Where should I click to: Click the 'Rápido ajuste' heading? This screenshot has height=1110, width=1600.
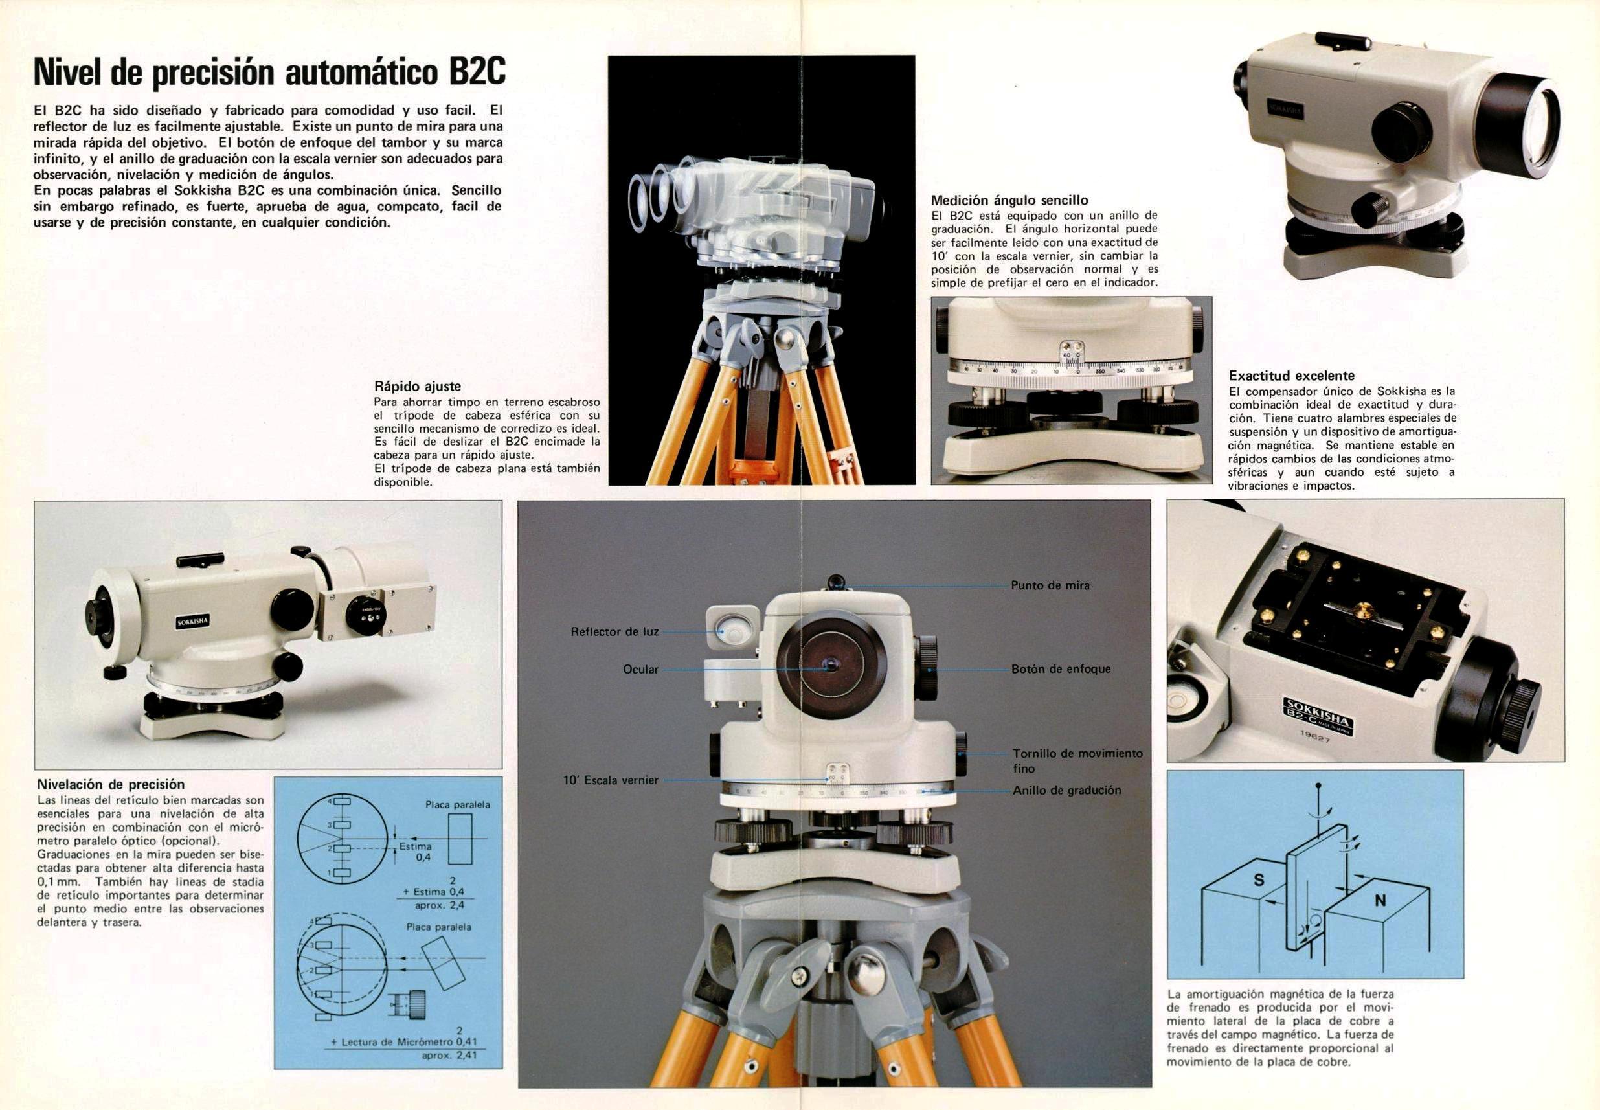click(x=417, y=386)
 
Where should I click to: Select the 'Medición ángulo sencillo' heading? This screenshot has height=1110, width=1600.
click(x=1009, y=200)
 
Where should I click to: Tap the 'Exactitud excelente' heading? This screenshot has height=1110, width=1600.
click(x=1291, y=376)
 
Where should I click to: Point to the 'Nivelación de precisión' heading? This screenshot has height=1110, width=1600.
click(x=111, y=784)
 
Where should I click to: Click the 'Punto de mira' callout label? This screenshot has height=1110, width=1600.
click(x=1050, y=585)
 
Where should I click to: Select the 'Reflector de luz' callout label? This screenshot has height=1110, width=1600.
click(x=614, y=631)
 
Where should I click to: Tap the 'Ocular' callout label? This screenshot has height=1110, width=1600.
click(x=640, y=669)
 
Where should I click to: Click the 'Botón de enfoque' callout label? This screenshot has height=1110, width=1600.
click(x=1061, y=669)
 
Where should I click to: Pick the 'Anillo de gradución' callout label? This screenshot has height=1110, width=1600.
click(x=1066, y=790)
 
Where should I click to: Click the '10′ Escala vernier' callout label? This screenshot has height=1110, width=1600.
click(x=611, y=780)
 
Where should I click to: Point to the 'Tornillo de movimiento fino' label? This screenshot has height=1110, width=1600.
click(x=1077, y=761)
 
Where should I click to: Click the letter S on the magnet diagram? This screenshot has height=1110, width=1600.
click(x=1259, y=880)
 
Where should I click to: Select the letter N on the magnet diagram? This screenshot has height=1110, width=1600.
click(x=1380, y=901)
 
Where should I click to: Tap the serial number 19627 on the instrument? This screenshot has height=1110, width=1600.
click(x=1315, y=736)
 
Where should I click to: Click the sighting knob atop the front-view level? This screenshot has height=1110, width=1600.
click(x=835, y=581)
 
